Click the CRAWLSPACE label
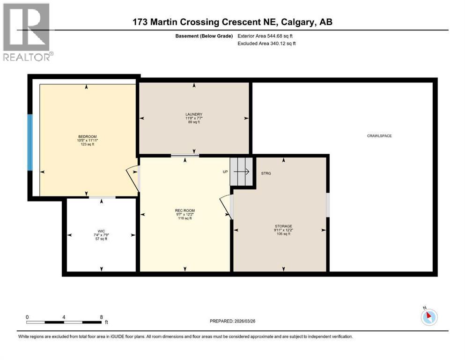click(379, 136)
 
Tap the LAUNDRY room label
click(193, 114)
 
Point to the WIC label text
click(102, 230)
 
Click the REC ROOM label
click(185, 210)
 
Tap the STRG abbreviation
click(266, 173)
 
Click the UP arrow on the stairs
click(241, 172)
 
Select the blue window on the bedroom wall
click(30, 142)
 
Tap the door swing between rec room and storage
click(226, 206)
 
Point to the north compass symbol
click(429, 316)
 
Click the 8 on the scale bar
click(102, 317)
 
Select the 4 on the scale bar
click(64, 317)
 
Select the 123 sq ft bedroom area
click(87, 144)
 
